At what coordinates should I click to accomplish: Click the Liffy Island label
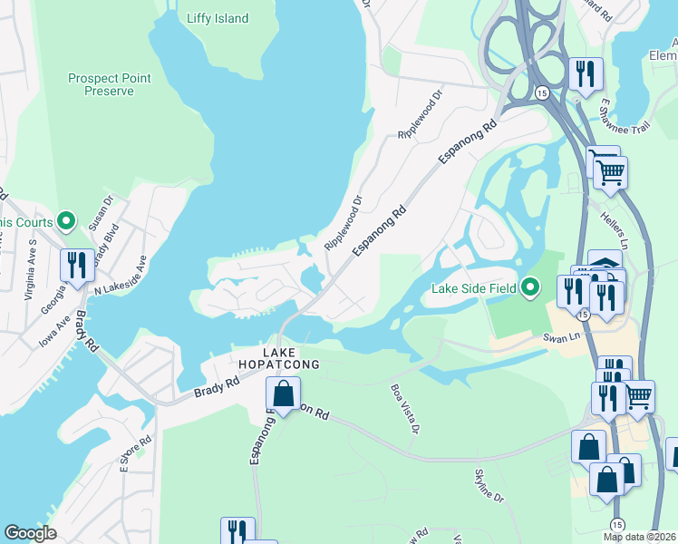(217, 18)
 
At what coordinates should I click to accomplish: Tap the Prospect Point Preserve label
(109, 84)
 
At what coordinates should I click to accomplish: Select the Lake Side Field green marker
(532, 288)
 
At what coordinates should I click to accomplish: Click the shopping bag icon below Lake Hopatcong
(284, 394)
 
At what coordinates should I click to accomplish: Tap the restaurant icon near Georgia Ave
(78, 265)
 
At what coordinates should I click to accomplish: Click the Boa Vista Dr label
(403, 407)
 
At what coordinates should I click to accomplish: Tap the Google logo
(31, 533)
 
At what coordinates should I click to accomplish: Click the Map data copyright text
(638, 537)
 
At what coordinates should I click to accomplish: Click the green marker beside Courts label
(65, 220)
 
